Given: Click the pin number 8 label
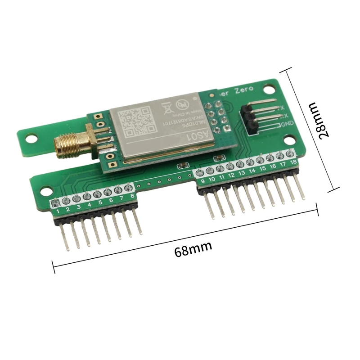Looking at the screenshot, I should [x=132, y=196].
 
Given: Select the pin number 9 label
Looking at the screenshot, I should [x=202, y=181].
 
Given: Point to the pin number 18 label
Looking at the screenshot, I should [x=293, y=162].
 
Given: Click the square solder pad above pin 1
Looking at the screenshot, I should [x=55, y=203].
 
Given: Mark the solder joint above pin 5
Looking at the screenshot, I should [x=98, y=194].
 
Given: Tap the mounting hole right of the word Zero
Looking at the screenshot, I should [x=271, y=89].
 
